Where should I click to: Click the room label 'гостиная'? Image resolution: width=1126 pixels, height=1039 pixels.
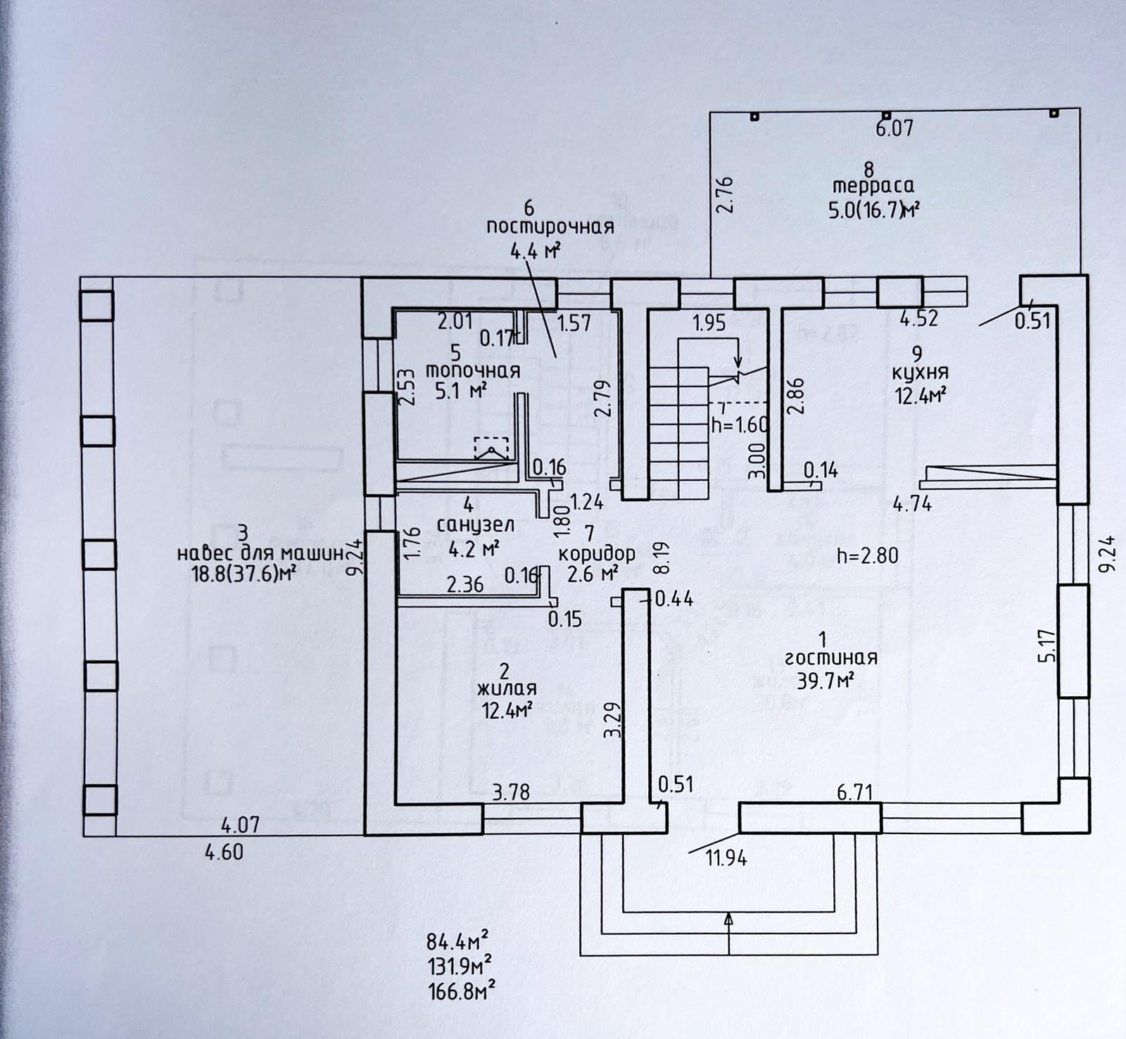click(831, 658)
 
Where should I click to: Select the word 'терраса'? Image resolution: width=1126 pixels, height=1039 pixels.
click(873, 186)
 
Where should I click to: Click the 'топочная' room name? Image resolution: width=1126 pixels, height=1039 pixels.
click(473, 371)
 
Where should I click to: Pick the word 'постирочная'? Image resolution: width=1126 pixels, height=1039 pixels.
click(550, 227)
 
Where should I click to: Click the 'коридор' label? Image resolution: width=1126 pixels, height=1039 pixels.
click(597, 553)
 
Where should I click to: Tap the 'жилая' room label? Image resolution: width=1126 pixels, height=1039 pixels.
click(507, 688)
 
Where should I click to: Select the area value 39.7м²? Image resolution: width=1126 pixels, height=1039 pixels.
click(826, 680)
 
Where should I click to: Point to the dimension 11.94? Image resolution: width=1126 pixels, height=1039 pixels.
click(726, 858)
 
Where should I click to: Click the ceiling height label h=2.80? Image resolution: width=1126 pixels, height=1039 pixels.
click(867, 555)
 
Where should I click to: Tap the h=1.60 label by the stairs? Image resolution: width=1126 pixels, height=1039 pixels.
click(740, 425)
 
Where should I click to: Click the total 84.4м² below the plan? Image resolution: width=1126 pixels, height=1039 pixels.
click(457, 940)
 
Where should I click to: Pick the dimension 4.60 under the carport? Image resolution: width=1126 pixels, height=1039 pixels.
click(224, 852)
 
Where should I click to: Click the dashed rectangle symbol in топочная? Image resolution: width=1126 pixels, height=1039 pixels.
click(491, 447)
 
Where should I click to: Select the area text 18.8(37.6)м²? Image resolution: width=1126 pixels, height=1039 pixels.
click(242, 574)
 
